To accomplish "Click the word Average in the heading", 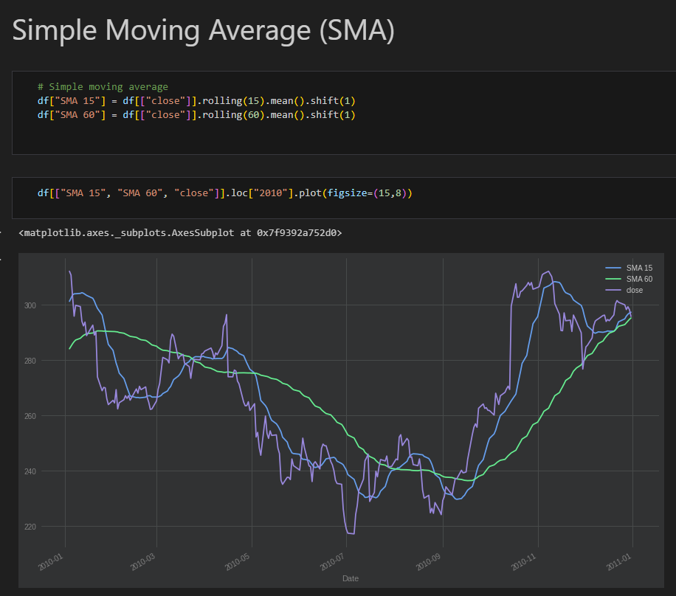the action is tap(259, 30).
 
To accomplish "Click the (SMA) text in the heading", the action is tap(357, 30).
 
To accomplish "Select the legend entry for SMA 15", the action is tap(629, 268).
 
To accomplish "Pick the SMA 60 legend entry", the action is tap(629, 279).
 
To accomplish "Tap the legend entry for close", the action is tap(624, 290).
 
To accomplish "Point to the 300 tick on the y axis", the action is tap(30, 305).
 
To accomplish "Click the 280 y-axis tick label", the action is tap(30, 361).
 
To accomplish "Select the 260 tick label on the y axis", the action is tap(30, 416).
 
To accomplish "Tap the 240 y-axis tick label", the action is tap(30, 471).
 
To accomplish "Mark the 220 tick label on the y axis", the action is tap(30, 527).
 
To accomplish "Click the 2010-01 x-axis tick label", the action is tap(51, 562).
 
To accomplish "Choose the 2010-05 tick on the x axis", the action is tap(238, 562).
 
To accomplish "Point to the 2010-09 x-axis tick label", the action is tap(429, 562).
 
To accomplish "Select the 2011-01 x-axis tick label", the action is tap(619, 562).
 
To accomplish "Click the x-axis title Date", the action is tap(351, 578).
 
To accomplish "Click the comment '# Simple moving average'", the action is tap(103, 86).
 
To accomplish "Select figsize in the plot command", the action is tap(347, 193).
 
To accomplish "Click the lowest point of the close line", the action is tap(351, 534).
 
